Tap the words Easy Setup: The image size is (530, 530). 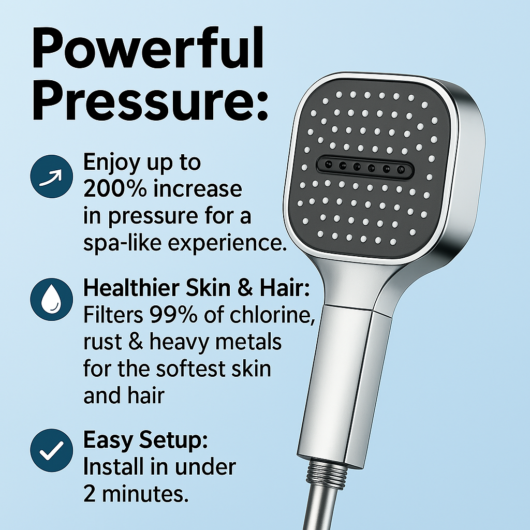(145, 441)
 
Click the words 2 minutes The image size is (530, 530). (136, 494)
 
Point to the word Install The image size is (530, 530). (114, 467)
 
